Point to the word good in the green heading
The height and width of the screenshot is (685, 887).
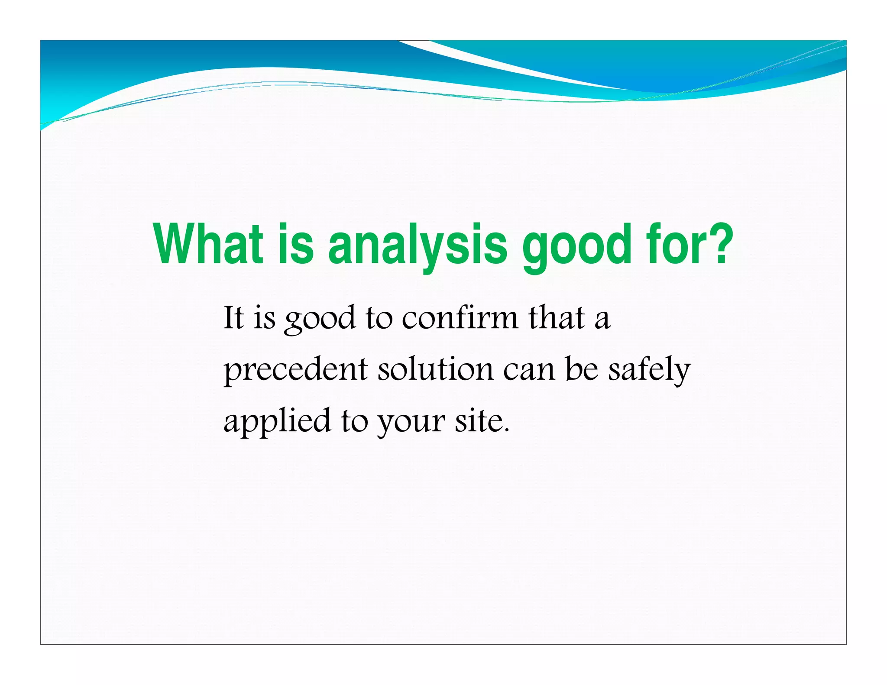576,246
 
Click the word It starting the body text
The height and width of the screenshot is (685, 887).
233,318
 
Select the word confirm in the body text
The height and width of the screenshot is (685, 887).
460,318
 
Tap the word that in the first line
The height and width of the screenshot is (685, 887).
557,318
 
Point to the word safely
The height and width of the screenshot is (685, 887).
649,371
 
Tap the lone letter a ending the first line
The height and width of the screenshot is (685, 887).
602,320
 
